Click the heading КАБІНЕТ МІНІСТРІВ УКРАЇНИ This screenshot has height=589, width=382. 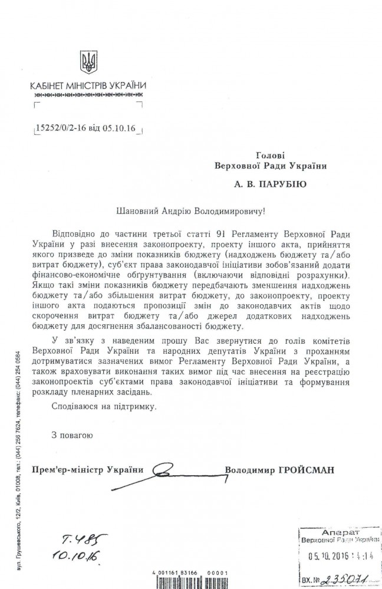[88, 85]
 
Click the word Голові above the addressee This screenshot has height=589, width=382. [271, 155]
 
